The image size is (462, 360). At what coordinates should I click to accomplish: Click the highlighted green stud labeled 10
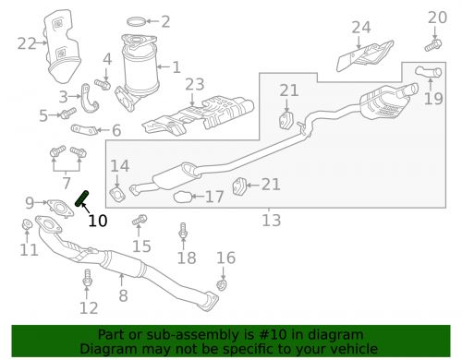point(82,198)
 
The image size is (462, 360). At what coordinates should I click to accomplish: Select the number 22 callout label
point(27,43)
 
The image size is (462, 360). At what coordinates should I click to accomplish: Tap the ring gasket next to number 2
point(136,21)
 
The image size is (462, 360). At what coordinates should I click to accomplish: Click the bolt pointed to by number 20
point(433,45)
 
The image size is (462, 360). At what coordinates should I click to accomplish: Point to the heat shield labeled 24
point(365,55)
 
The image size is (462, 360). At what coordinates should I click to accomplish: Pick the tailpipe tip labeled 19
point(429,72)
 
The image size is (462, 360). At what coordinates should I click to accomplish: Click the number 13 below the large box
point(272,221)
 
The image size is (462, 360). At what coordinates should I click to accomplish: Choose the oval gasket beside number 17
point(182,197)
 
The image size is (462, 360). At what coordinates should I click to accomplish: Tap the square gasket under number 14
point(117,194)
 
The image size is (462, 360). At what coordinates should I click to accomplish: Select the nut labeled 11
point(27,224)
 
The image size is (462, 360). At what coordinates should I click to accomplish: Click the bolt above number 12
point(87,278)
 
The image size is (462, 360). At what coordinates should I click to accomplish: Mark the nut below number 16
point(221,284)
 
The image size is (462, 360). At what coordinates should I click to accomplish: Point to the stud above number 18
point(183,231)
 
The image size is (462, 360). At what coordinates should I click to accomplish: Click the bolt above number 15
point(140,220)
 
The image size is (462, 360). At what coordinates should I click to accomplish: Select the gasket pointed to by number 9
point(61,209)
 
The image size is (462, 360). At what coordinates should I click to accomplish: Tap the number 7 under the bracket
point(67,183)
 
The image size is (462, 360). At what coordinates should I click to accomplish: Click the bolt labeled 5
point(68,114)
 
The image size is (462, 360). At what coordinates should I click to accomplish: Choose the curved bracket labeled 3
point(90,99)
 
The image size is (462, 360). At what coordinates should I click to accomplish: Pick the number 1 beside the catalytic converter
point(176,67)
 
